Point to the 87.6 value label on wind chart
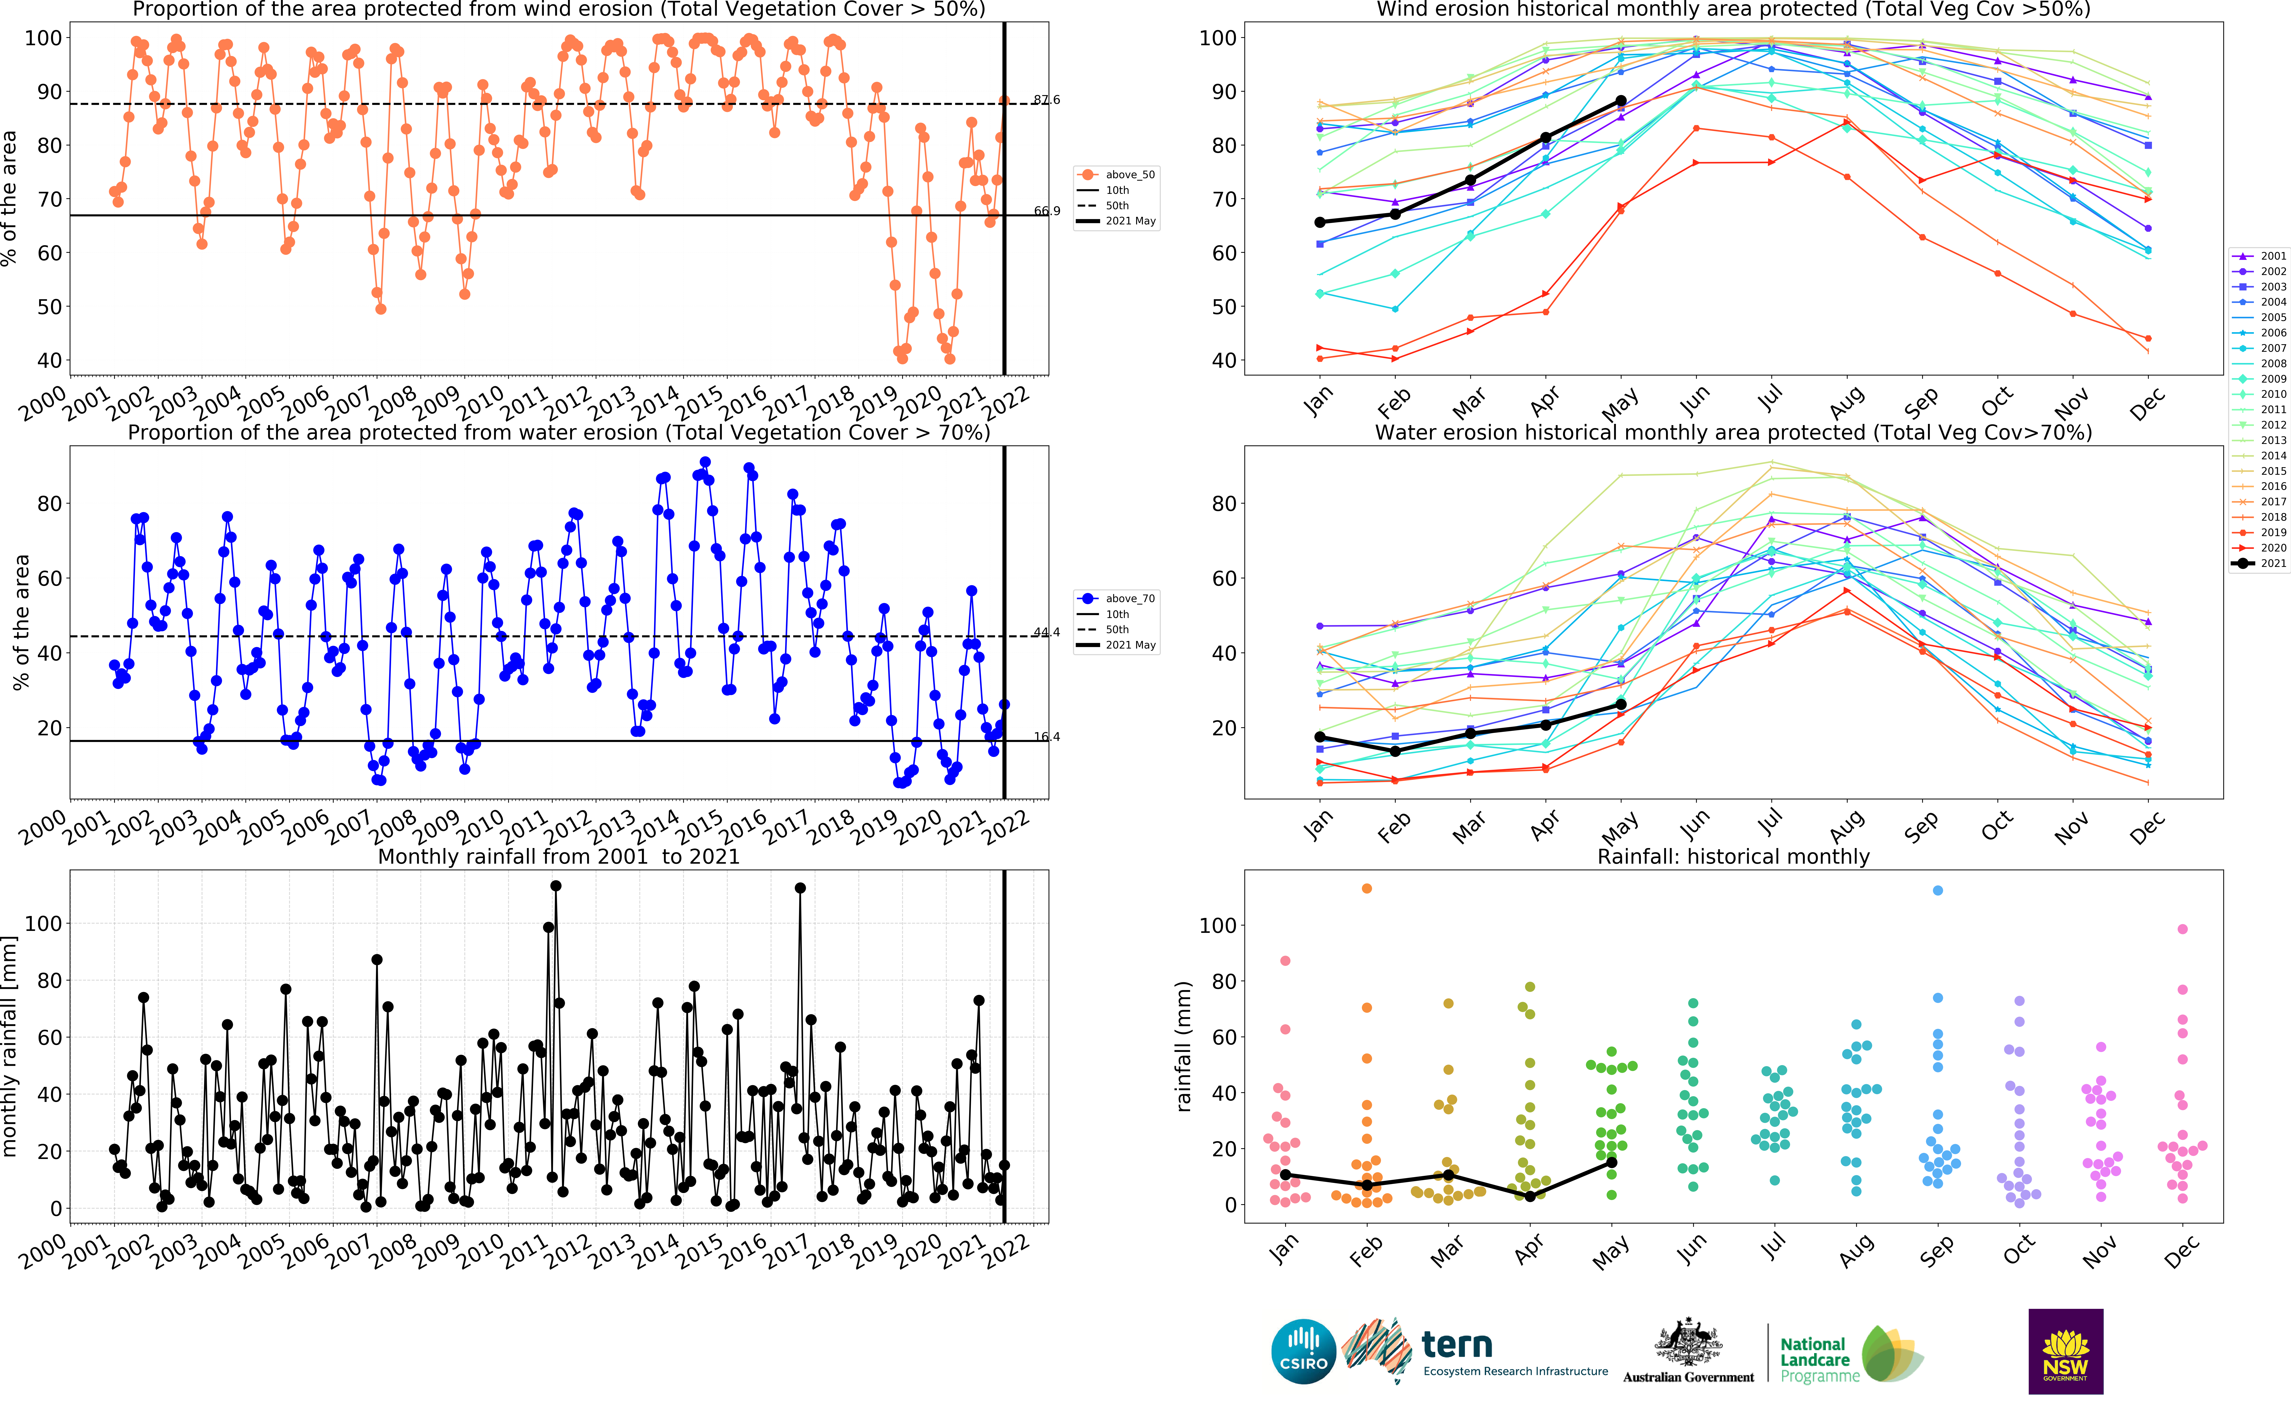tap(1047, 100)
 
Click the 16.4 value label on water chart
tap(1047, 737)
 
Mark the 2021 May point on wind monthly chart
tap(1621, 101)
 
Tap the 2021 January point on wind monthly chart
tap(1319, 222)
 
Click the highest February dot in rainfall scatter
tap(1367, 888)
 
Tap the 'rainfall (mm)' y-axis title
tap(1184, 1046)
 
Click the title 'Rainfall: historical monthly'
tap(1734, 856)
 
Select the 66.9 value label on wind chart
tap(1047, 211)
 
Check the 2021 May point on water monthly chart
tap(1621, 705)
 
